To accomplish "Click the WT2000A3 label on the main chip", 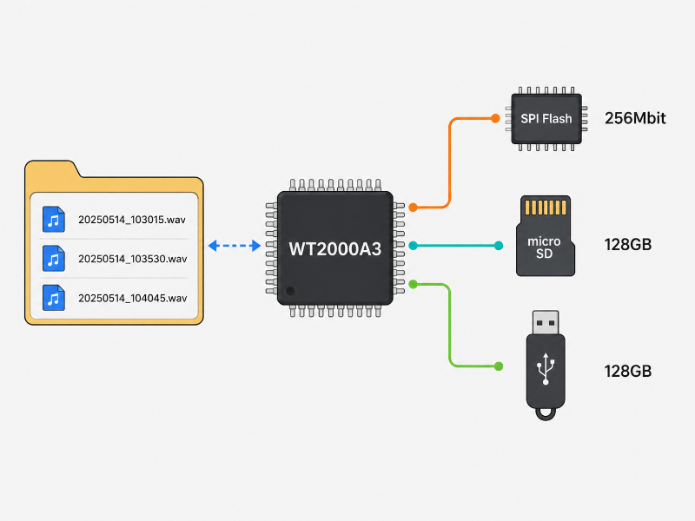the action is (335, 249).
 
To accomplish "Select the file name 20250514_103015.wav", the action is (132, 220).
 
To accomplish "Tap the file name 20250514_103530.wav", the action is (133, 259).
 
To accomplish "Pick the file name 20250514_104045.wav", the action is (133, 298).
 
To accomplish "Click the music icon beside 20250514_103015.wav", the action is (54, 220).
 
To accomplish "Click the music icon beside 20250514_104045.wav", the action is (54, 298).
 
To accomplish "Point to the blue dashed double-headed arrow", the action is (234, 246).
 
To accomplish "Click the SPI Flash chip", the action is (546, 119).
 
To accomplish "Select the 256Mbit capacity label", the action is (635, 118).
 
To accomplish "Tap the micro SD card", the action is (546, 235).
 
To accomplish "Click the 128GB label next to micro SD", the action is (627, 245).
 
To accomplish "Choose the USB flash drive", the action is (546, 365).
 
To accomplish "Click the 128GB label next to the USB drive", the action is (627, 372).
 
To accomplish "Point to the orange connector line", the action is (449, 163).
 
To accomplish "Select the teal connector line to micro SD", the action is (455, 246).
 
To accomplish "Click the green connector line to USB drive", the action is (449, 325).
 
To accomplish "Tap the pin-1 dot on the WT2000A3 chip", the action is (290, 291).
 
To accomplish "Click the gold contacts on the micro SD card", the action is (546, 207).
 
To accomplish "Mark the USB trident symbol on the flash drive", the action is (546, 368).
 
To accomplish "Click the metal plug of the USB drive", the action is (546, 322).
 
